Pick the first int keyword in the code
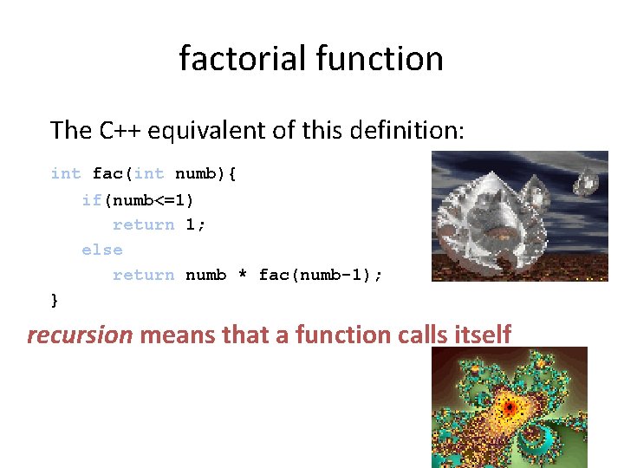(x=66, y=173)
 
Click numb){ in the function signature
(x=205, y=173)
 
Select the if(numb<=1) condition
(x=138, y=199)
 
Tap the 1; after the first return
(x=195, y=224)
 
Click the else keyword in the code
(x=102, y=250)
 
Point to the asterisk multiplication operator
(x=243, y=275)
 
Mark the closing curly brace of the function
(x=55, y=300)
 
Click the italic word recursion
(x=80, y=334)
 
